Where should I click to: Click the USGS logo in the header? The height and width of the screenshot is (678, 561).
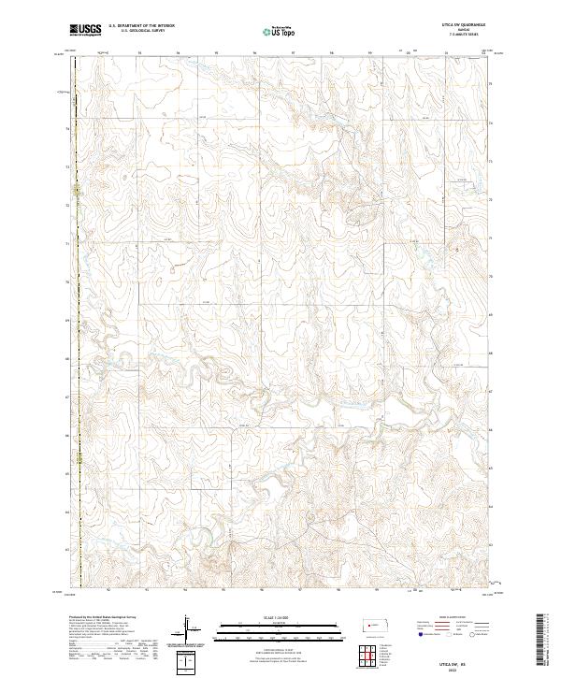pos(85,30)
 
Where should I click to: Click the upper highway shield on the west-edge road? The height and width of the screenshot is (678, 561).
pos(78,196)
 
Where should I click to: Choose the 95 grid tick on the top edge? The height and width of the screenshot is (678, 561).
pos(218,53)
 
